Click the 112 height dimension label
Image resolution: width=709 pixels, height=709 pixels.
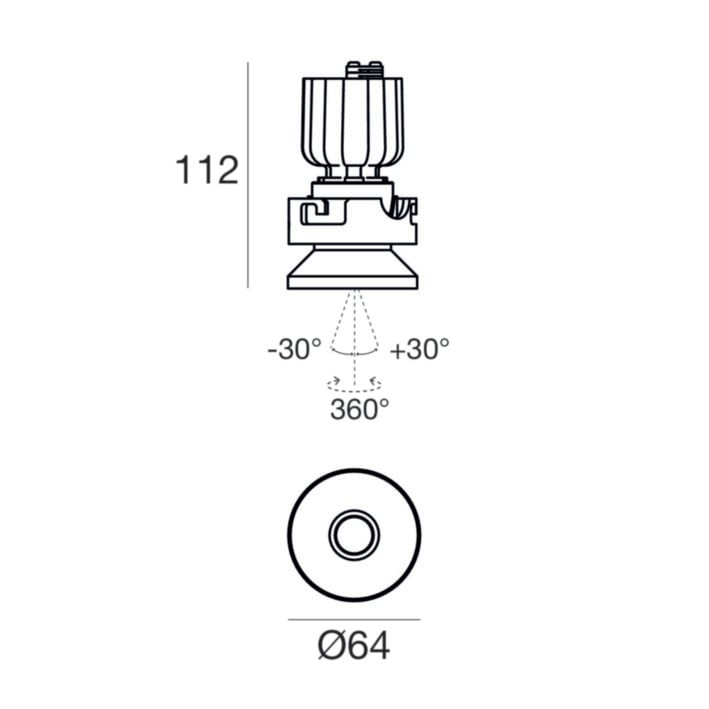[207, 170]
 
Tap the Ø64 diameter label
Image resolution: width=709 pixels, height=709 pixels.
[354, 646]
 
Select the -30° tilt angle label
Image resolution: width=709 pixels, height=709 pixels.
[294, 349]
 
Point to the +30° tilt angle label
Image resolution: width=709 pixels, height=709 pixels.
[420, 349]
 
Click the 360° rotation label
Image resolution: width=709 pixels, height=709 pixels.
[359, 409]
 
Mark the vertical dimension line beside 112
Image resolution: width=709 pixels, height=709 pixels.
[248, 175]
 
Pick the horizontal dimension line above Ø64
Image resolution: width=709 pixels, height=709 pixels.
[354, 619]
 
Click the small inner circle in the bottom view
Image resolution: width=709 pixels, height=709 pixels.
[354, 535]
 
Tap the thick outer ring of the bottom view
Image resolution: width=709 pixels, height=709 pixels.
[288, 535]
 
